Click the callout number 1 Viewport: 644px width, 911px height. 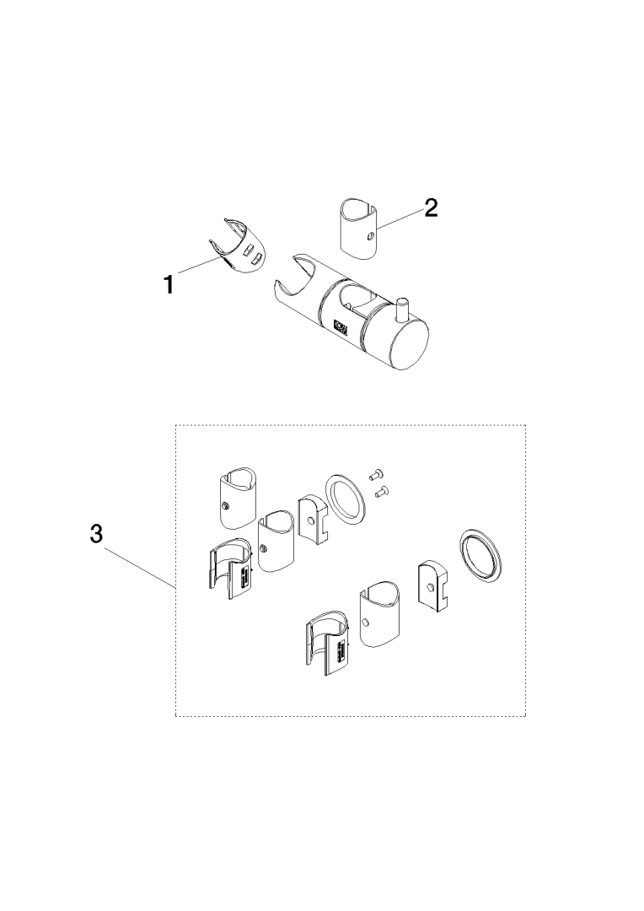point(169,285)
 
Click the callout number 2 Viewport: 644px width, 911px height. point(430,208)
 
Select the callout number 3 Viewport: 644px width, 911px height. point(96,533)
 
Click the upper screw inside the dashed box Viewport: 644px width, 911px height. point(374,475)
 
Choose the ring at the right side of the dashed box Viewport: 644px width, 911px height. point(482,556)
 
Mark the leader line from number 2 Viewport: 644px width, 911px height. point(400,219)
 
